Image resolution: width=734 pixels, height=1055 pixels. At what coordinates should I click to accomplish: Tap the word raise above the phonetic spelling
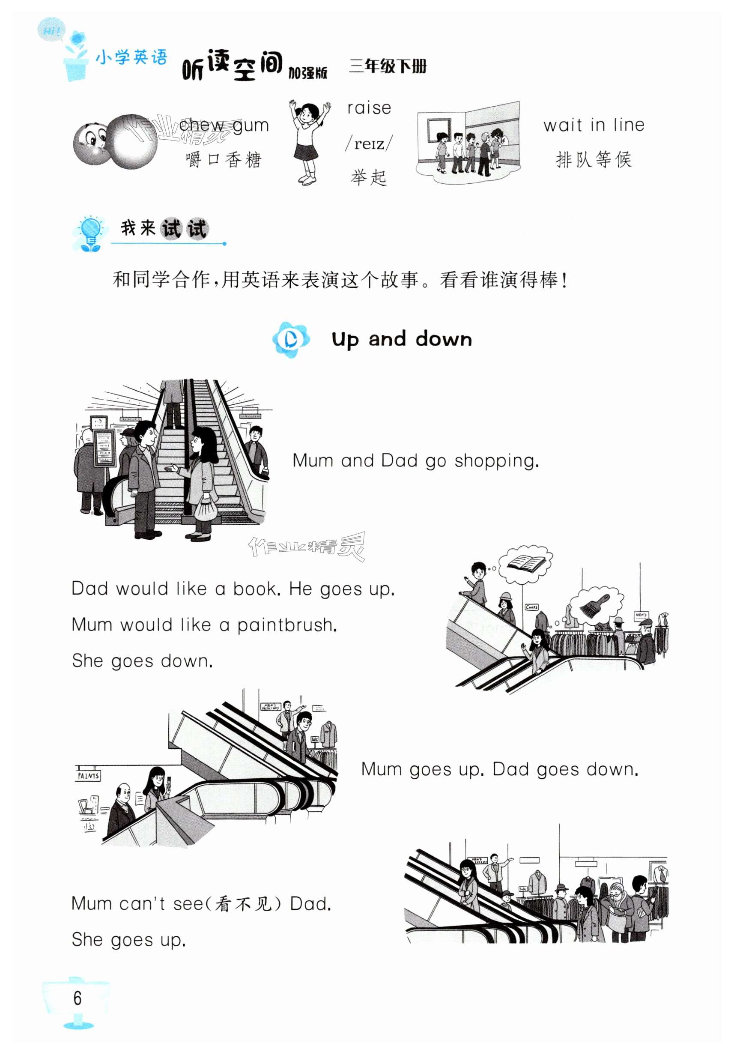[369, 108]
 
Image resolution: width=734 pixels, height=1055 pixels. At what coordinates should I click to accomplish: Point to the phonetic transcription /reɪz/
[369, 143]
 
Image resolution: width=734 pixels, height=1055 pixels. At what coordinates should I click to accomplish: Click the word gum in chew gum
[251, 126]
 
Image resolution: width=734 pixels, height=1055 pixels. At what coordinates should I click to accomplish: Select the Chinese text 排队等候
[594, 159]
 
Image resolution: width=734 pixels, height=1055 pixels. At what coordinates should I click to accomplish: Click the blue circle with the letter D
[290, 339]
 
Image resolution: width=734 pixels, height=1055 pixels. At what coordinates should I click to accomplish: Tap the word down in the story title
[444, 339]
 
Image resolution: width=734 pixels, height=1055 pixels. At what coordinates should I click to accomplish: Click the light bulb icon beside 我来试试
[90, 234]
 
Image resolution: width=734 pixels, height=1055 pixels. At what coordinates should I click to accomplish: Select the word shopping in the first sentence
[496, 461]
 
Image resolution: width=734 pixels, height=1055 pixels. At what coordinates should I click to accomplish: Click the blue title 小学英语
[131, 58]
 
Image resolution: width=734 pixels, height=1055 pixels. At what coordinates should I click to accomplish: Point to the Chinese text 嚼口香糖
[224, 160]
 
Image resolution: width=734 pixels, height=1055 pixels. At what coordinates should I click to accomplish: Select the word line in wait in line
[629, 125]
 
